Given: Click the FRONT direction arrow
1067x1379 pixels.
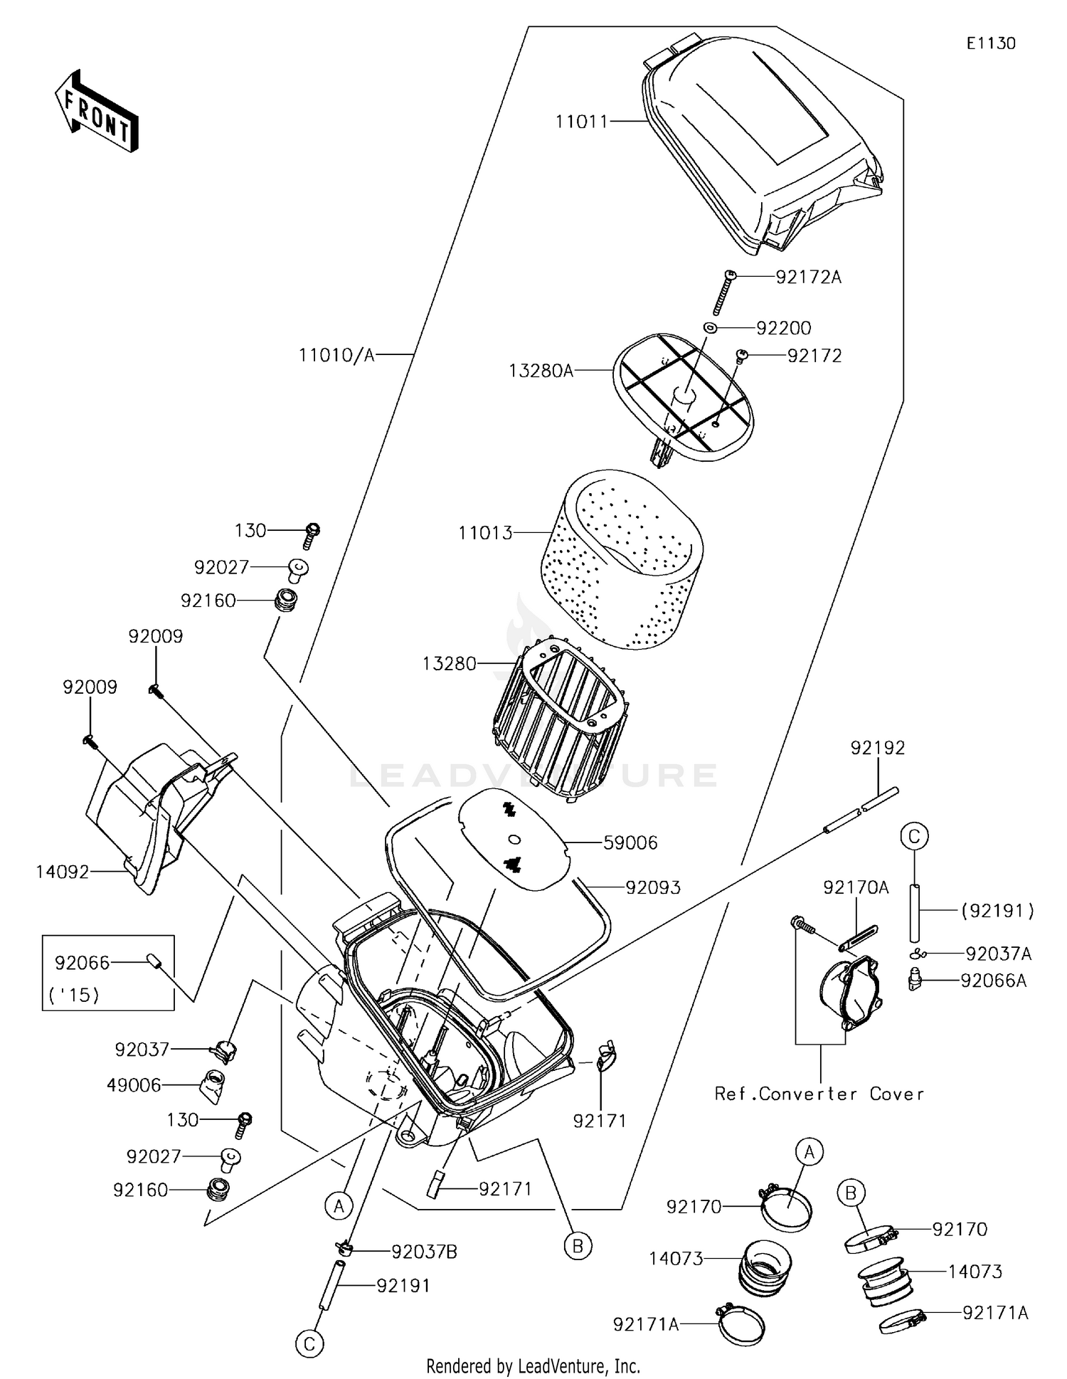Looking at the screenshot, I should (97, 111).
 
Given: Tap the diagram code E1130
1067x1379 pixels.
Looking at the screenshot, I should (990, 43).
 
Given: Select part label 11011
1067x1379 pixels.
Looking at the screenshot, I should (581, 122).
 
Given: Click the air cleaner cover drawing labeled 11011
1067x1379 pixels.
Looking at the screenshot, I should (761, 149).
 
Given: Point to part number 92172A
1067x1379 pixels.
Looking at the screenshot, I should (808, 277).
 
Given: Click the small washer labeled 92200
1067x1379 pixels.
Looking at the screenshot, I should (710, 328).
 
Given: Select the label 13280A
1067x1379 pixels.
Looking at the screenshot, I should (541, 371).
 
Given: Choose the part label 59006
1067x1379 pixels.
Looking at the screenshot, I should (630, 842).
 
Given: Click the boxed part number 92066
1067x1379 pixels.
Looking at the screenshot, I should (83, 963).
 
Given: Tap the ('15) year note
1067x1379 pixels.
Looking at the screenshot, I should (74, 994).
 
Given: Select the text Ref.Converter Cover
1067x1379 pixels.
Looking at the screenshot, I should (819, 1094).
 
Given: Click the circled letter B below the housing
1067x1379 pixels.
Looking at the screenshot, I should (578, 1246).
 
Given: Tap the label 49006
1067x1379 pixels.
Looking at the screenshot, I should (134, 1085).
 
